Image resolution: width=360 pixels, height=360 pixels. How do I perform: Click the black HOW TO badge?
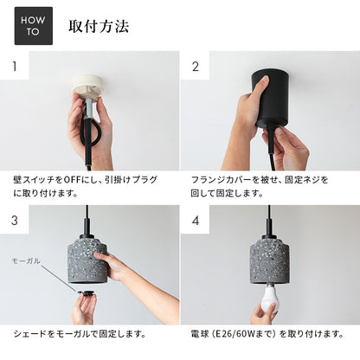(34, 26)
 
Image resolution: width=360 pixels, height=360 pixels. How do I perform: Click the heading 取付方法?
(99, 26)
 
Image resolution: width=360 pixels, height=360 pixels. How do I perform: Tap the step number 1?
(15, 67)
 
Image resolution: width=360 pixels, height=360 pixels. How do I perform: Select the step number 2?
(196, 67)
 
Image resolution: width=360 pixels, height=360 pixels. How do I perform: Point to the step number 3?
(15, 221)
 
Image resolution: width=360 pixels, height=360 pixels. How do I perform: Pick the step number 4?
(196, 221)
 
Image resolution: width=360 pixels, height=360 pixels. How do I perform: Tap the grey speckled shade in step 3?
(87, 260)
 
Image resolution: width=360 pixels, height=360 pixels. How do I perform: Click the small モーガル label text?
(26, 261)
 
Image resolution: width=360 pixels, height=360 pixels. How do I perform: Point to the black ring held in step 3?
(86, 293)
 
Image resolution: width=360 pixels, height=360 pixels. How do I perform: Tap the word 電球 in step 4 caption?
(199, 334)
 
